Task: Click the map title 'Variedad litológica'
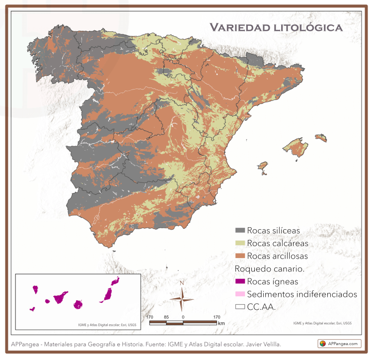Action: [276, 27]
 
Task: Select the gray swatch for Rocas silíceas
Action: [240, 230]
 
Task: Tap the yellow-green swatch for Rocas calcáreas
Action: [240, 243]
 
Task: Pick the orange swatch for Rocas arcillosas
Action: [240, 256]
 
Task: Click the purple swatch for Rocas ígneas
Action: [240, 282]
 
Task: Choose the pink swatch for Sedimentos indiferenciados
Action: [240, 294]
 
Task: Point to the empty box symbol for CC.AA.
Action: [240, 307]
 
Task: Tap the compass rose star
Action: [182, 299]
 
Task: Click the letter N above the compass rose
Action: [182, 283]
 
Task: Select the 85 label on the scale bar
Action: [166, 316]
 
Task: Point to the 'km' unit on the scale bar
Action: [221, 323]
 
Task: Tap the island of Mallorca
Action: [296, 147]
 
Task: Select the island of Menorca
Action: [321, 138]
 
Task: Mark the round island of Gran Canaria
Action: [78, 304]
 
